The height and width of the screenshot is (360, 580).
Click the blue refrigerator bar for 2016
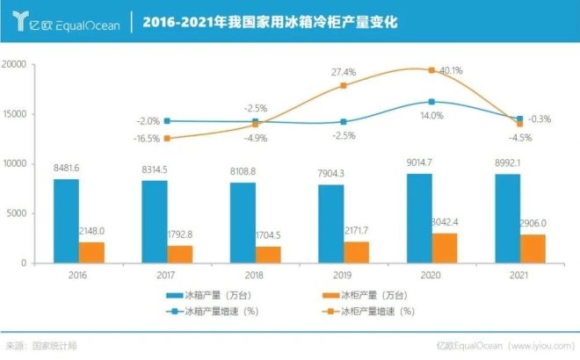[x=66, y=220]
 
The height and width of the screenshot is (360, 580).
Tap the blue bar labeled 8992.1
[x=507, y=218]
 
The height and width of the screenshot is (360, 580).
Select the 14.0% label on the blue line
[x=431, y=115]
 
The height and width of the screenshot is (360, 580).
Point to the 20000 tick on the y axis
[x=15, y=64]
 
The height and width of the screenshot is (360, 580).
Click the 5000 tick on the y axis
[x=18, y=213]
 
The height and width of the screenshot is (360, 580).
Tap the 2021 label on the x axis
[x=519, y=274]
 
